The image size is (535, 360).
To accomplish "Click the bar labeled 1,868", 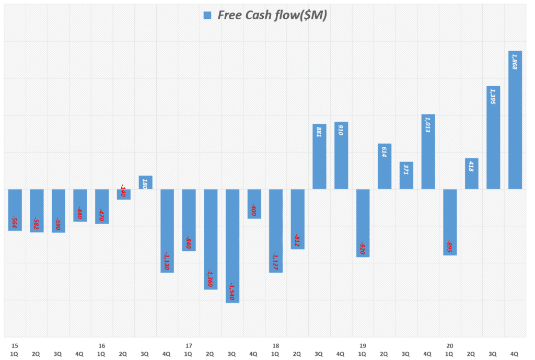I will coord(515,120).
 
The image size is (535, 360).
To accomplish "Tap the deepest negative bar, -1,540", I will coord(232,246).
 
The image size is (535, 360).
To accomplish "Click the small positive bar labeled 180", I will coord(145,182).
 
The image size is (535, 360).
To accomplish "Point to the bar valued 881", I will coord(319,156).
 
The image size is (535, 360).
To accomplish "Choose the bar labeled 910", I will coord(341,155).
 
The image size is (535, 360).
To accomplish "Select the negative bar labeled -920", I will coord(363,223).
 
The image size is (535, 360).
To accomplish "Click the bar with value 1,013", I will coord(428,152).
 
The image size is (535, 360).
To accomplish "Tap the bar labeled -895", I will coord(450,222).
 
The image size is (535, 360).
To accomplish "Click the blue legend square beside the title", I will coord(207,16).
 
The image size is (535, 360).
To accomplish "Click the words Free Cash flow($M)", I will coord(272,16).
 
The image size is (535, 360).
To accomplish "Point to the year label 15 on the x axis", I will coord(15,345).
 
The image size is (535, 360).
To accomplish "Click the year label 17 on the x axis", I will coord(189,345).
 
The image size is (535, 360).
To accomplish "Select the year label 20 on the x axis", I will coord(449,345).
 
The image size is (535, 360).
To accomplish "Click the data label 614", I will coord(384,152).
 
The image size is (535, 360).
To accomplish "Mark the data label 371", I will coord(406,169).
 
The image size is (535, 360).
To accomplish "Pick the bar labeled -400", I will coord(254,204).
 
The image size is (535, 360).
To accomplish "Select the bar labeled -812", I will coord(297,219).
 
